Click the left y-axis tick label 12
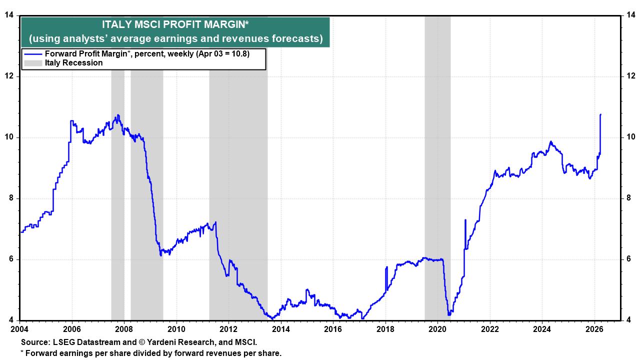coord(9,76)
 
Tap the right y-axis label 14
coord(630,15)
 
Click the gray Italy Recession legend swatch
coord(33,63)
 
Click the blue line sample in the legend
coord(33,54)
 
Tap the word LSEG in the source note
coord(61,342)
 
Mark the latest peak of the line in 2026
coord(600,114)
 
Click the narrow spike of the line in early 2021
coord(465,220)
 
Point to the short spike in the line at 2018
coord(386,267)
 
